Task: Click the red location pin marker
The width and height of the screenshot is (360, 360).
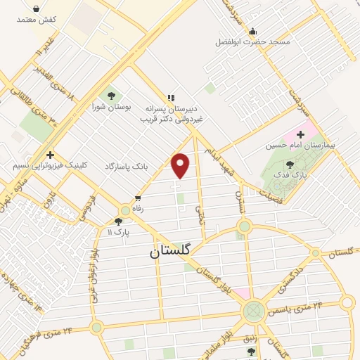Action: pyautogui.click(x=181, y=165)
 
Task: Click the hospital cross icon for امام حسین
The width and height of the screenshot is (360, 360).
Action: pyautogui.click(x=302, y=134)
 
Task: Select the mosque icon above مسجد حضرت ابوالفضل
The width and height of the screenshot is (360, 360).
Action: pyautogui.click(x=252, y=30)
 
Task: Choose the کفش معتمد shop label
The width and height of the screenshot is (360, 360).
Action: pyautogui.click(x=37, y=19)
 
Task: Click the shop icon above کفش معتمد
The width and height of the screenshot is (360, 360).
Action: pyautogui.click(x=37, y=8)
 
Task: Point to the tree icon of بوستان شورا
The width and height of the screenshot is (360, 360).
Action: pyautogui.click(x=109, y=94)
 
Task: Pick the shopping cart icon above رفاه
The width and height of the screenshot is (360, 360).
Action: pyautogui.click(x=137, y=198)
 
